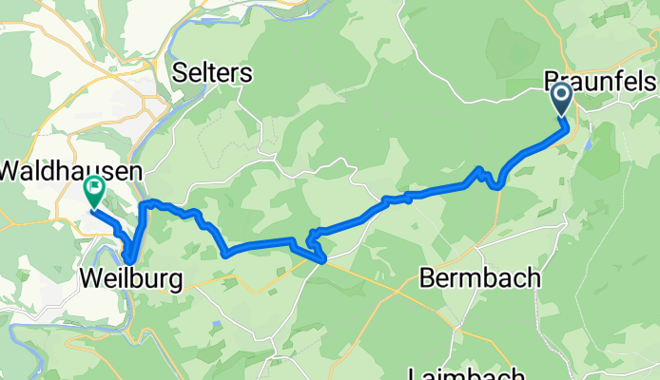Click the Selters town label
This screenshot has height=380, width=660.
pos(214,72)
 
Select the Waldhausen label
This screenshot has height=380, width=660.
pos(70,171)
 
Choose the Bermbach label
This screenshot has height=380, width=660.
pos(480,279)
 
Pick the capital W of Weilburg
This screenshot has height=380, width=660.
pos(91,279)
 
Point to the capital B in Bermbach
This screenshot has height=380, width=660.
pos(427,279)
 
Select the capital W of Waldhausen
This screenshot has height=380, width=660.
pos(10,171)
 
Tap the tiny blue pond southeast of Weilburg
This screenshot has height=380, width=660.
pos(218,324)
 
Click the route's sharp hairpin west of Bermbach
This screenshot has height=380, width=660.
pos(312,236)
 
